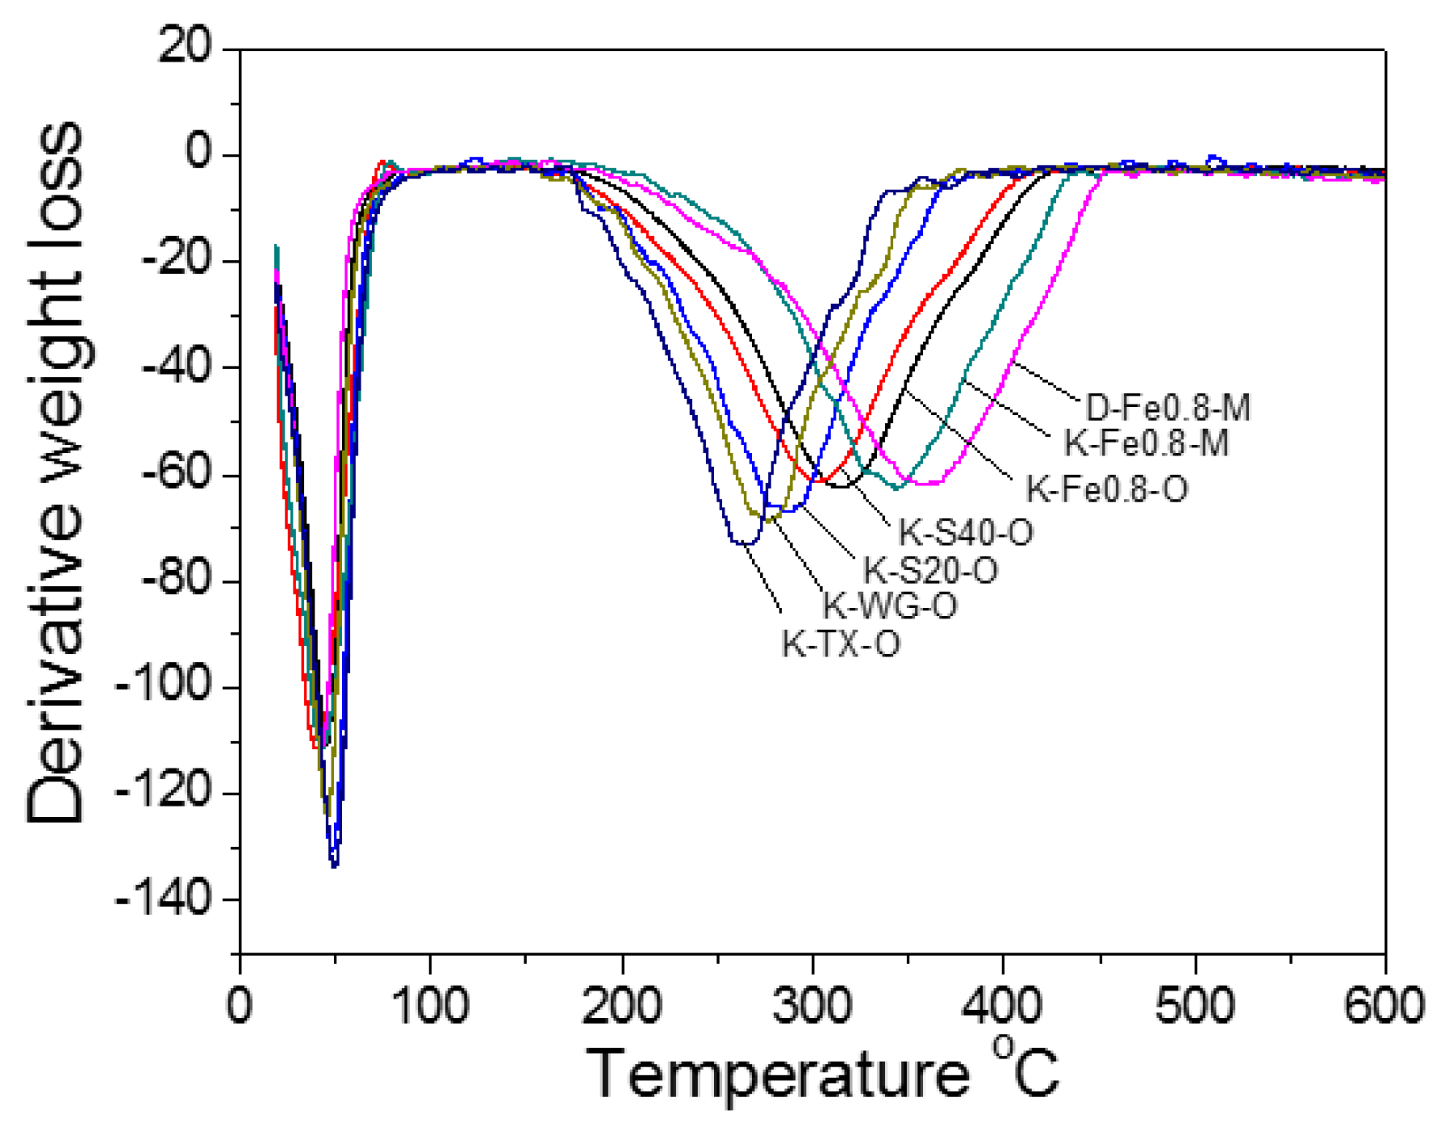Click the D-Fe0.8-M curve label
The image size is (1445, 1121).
(x=1167, y=407)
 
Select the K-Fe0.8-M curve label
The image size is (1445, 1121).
(x=1146, y=443)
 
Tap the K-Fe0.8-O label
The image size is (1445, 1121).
(x=1107, y=489)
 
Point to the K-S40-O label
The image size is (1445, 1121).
(x=966, y=533)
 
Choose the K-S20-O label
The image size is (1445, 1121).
(x=930, y=571)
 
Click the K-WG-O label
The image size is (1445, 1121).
(x=890, y=605)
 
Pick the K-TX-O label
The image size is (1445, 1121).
(x=840, y=644)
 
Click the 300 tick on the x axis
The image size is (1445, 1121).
(x=812, y=1006)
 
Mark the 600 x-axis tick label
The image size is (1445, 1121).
(x=1384, y=1006)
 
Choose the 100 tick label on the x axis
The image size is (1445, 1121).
(x=430, y=1006)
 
